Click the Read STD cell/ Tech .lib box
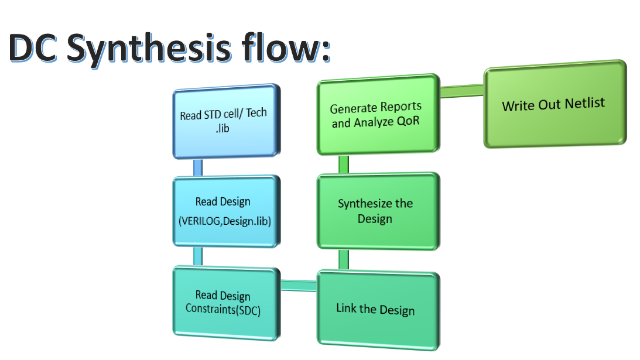[224, 121]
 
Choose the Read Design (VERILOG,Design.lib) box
[224, 211]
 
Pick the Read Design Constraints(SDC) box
[224, 302]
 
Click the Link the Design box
[376, 308]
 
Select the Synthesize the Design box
[376, 211]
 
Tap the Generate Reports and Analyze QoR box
[376, 115]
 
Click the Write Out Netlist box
[553, 104]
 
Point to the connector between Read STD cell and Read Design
[198, 167]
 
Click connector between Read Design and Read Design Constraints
[198, 256]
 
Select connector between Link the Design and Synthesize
[344, 259]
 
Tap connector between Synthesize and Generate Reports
[344, 164]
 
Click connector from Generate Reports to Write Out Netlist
[461, 91]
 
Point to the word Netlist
[584, 104]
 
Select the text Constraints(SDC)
[223, 309]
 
